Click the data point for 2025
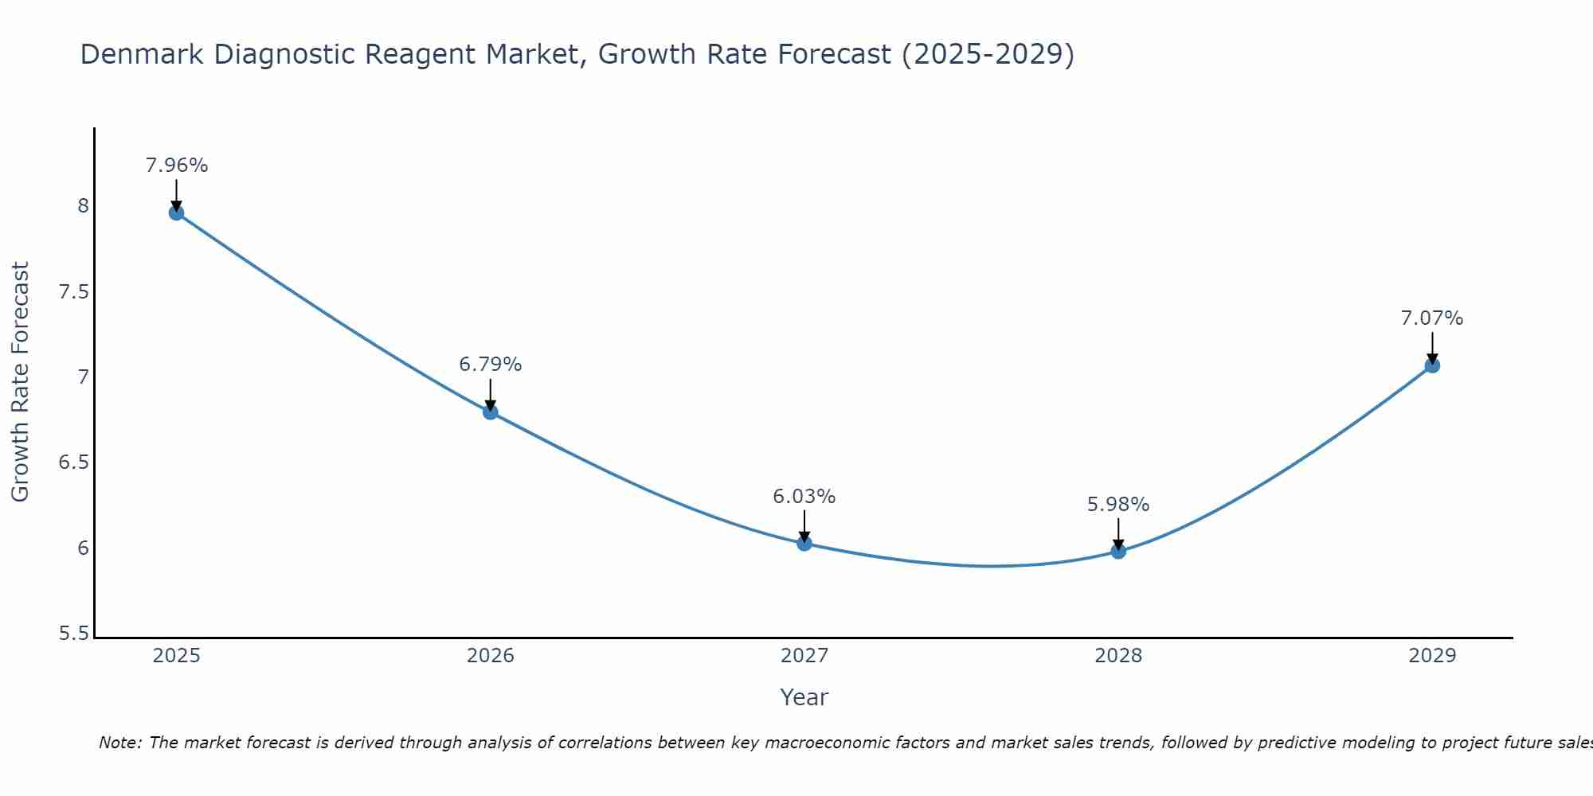[x=176, y=213]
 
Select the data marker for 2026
[x=491, y=412]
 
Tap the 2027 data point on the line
[x=804, y=543]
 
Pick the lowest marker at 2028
[x=1118, y=551]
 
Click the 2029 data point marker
[x=1432, y=365]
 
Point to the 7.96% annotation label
[x=176, y=166]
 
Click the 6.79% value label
[x=491, y=365]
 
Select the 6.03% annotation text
[x=804, y=497]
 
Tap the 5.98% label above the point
[x=1118, y=505]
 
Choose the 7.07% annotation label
[x=1432, y=318]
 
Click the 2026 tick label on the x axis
[x=491, y=656]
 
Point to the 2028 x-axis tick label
[x=1118, y=656]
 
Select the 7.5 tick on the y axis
[x=74, y=292]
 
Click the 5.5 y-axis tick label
[x=74, y=634]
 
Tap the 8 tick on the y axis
[x=83, y=206]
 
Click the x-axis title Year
[x=804, y=697]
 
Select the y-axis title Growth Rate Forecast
[x=20, y=382]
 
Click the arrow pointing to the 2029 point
[x=1432, y=347]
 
